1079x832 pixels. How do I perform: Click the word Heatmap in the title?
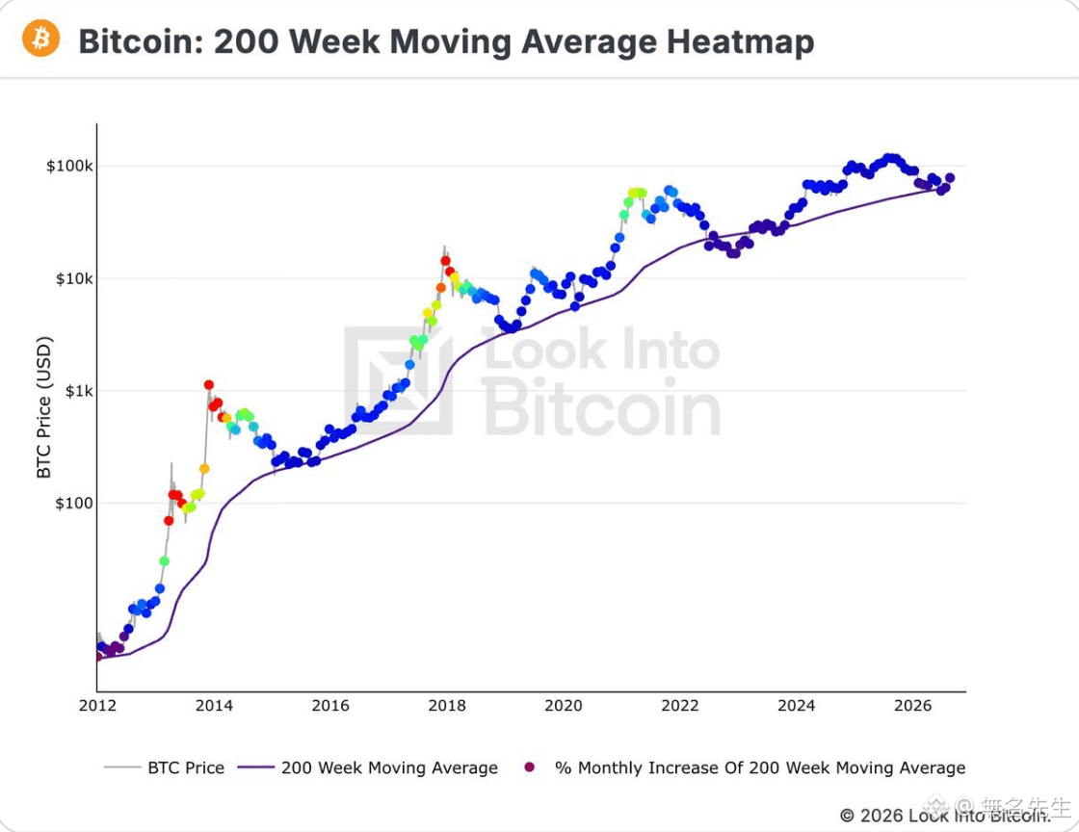(x=741, y=41)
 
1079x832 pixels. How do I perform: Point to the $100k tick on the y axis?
(x=69, y=167)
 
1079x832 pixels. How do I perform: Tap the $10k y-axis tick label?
(x=74, y=279)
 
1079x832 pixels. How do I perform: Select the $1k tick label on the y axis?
(x=79, y=391)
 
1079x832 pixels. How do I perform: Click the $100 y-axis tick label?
(x=74, y=504)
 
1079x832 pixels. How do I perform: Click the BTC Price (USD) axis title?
(x=44, y=407)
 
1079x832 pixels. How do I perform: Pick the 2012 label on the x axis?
(x=97, y=706)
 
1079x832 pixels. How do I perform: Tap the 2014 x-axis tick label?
(x=214, y=706)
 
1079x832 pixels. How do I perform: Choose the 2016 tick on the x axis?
(x=330, y=706)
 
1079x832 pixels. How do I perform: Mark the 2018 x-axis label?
(x=447, y=706)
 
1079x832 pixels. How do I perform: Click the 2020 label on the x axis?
(x=564, y=706)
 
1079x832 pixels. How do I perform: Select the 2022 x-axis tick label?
(x=680, y=706)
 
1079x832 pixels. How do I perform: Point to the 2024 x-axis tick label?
(x=796, y=706)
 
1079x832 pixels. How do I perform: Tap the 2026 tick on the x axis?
(x=913, y=706)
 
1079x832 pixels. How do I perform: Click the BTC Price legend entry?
(x=165, y=767)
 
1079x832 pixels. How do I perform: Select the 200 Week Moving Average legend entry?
(x=367, y=767)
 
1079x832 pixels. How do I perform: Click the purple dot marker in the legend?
(x=529, y=767)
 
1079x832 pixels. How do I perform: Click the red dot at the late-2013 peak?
(x=208, y=385)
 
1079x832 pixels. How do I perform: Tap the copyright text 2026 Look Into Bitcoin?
(x=945, y=816)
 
